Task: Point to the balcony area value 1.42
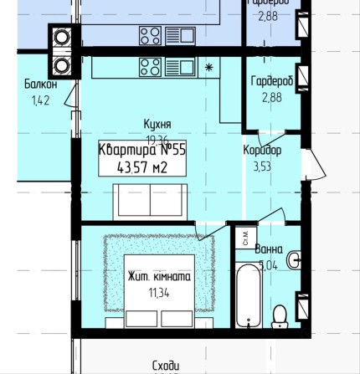pos(17,146)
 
